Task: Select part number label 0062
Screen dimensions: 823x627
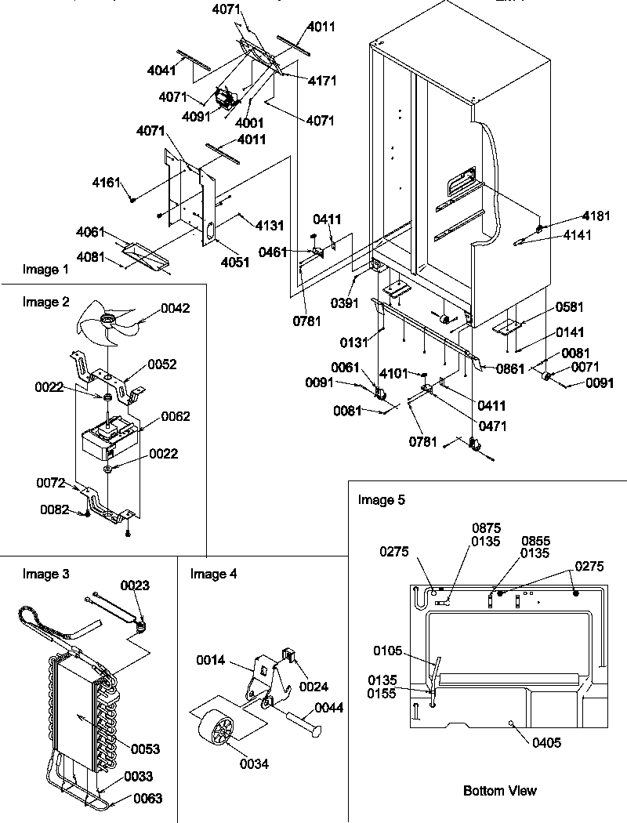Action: pyautogui.click(x=176, y=416)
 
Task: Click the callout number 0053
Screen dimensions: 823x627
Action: pyautogui.click(x=145, y=749)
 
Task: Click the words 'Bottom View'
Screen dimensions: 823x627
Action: pyautogui.click(x=500, y=790)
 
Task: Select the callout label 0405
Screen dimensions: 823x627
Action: pyautogui.click(x=545, y=742)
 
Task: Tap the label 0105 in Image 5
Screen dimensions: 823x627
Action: pyautogui.click(x=387, y=649)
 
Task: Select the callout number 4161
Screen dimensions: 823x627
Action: pyautogui.click(x=107, y=183)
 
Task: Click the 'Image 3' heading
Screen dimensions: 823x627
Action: pyautogui.click(x=45, y=574)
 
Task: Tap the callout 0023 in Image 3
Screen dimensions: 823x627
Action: pyautogui.click(x=135, y=585)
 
